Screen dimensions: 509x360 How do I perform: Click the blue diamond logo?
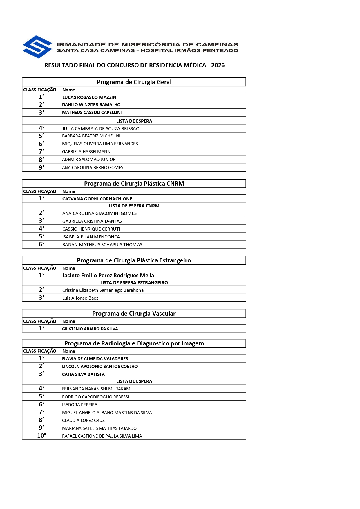coord(37,47)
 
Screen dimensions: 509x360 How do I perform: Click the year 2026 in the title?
coord(218,65)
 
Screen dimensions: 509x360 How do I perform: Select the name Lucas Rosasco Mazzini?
coord(90,97)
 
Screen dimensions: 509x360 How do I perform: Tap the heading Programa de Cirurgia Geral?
coord(134,82)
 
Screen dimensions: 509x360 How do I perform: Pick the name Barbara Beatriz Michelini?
coord(91,136)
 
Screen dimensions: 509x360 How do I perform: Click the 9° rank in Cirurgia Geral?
coord(42,168)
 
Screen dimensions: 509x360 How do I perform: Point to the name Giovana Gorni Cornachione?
coord(97,199)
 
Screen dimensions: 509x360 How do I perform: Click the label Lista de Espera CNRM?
coord(134,206)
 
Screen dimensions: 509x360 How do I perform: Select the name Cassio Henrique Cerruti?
coord(91,229)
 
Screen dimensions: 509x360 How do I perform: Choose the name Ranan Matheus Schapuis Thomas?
coord(102,244)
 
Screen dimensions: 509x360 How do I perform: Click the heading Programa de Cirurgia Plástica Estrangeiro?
coord(134,260)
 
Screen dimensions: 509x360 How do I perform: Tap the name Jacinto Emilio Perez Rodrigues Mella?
coord(108,275)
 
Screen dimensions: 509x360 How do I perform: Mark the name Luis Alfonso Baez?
coord(80,298)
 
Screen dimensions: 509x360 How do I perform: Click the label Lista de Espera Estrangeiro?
coord(134,282)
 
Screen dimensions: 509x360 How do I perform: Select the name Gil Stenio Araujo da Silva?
coord(90,329)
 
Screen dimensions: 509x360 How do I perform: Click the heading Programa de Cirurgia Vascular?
coord(134,314)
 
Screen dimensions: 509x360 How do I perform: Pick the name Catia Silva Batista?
coord(83,374)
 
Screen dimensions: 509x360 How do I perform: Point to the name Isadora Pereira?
coord(79,405)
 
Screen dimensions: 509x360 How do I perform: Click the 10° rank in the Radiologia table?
coord(41,436)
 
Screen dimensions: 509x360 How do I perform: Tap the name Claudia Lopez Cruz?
coord(83,420)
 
